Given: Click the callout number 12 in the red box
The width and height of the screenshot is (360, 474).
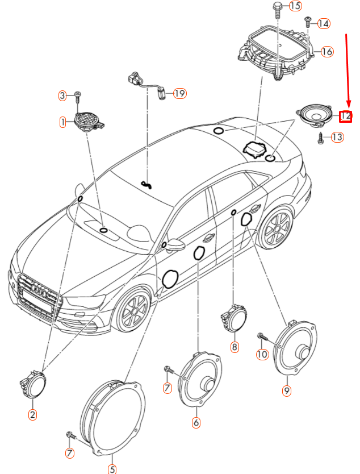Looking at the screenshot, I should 346,116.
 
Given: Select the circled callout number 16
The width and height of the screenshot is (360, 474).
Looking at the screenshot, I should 326,51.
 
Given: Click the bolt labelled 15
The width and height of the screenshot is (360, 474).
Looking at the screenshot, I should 278,8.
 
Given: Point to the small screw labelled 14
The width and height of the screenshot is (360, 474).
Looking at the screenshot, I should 307,22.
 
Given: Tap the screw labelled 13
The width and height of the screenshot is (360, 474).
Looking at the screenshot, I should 321,137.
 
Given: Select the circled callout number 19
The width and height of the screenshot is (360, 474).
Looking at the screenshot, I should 179,93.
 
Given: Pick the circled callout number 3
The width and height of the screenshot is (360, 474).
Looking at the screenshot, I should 63,95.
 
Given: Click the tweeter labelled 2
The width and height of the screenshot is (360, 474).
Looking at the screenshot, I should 34,386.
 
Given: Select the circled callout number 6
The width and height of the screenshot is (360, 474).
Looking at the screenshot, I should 196,422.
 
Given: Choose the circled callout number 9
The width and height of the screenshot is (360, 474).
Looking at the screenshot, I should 287,390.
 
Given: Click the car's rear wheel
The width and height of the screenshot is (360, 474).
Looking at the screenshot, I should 277,228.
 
